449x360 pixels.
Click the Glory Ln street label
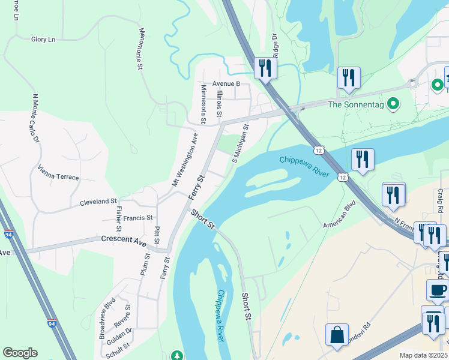43,40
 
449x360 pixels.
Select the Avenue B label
226,84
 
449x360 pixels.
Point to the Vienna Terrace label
58,173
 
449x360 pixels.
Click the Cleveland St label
98,202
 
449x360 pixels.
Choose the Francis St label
137,218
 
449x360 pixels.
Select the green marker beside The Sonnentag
394,104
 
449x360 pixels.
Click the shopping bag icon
337,335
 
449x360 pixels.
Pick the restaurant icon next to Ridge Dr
264,67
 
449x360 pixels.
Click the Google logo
20,353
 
